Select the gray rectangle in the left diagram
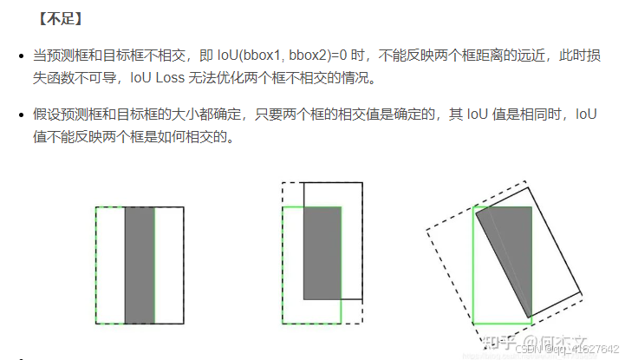(x=140, y=265)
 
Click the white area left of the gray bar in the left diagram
(x=110, y=265)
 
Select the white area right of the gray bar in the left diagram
(x=169, y=265)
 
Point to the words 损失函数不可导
(x=77, y=77)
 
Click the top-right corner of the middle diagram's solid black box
(x=361, y=183)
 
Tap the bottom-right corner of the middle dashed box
(x=361, y=324)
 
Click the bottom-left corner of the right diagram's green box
(x=472, y=323)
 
